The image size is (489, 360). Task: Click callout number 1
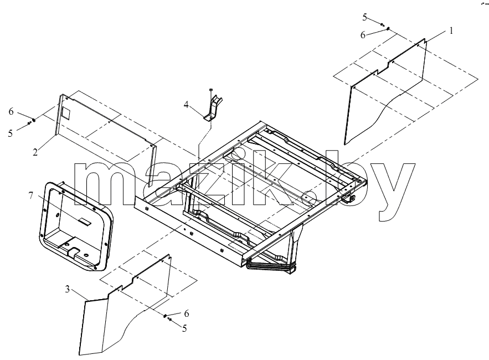tap(451, 31)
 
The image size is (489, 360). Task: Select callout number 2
tap(35, 152)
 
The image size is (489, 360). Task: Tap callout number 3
tap(68, 290)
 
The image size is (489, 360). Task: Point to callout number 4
tap(186, 105)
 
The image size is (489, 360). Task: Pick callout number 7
tap(30, 196)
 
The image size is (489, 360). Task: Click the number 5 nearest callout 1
tap(364, 18)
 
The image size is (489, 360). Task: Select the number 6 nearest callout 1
tap(363, 35)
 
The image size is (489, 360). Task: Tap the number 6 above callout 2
tap(11, 111)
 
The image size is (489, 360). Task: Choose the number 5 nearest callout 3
tap(184, 328)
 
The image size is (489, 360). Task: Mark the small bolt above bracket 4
tap(211, 90)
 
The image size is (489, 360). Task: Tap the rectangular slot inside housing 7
tap(85, 221)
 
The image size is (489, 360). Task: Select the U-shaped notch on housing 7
tap(73, 252)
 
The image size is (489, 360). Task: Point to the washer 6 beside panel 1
tap(388, 29)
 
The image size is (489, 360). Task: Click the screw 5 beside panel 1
tap(382, 24)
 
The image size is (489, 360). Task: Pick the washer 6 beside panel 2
tap(34, 120)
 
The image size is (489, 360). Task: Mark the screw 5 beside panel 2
tap(29, 123)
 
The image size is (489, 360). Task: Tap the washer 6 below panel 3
tap(164, 316)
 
